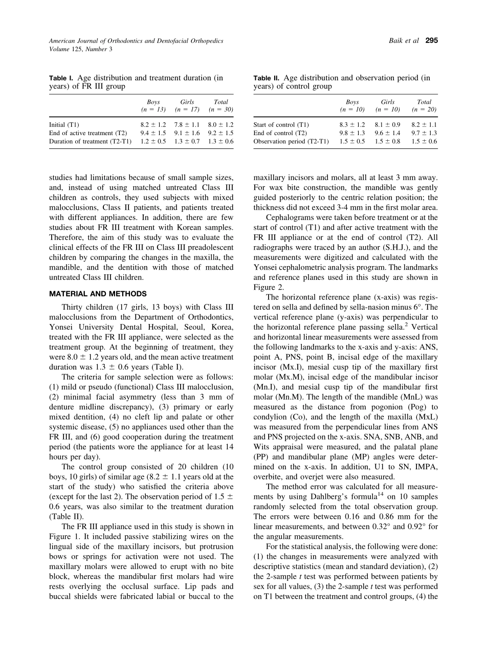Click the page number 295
point(431,41)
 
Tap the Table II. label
point(266,78)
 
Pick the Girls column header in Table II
point(388,102)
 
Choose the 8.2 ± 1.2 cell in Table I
point(153,124)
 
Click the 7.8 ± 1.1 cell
point(187,124)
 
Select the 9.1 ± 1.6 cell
point(187,133)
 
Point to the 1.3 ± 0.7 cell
point(187,142)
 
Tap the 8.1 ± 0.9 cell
point(388,124)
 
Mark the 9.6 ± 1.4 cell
point(388,133)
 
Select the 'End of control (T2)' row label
point(280,133)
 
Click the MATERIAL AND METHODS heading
point(98,294)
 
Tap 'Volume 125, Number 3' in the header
point(80,49)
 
